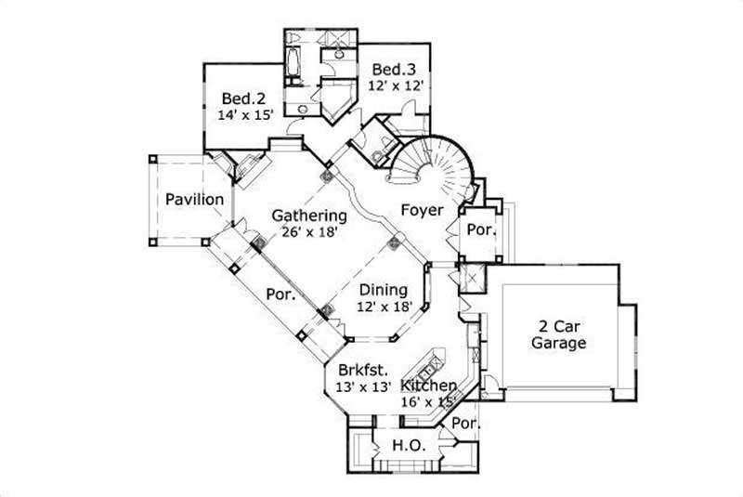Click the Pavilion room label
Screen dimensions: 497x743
pyautogui.click(x=194, y=200)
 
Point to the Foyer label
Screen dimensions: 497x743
pyautogui.click(x=421, y=210)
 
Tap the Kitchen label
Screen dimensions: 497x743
pyautogui.click(x=428, y=386)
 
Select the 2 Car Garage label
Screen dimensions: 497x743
pyautogui.click(x=558, y=334)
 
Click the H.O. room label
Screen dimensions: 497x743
pyautogui.click(x=410, y=446)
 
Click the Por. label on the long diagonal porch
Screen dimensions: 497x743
pyautogui.click(x=281, y=295)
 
